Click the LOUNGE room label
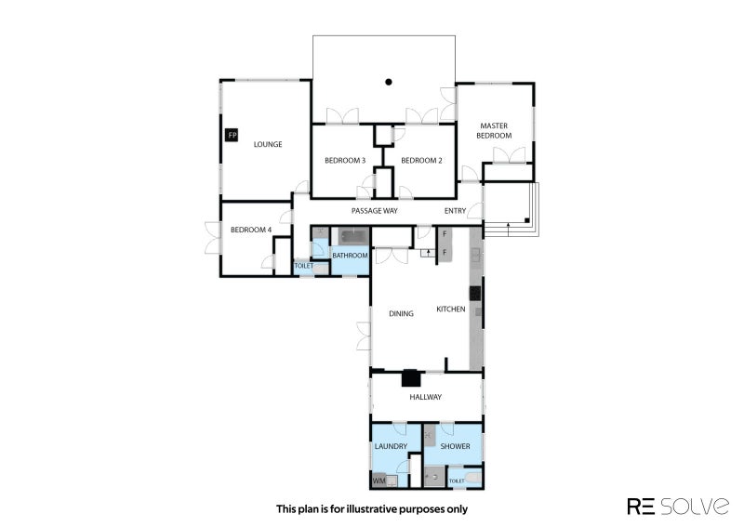268,144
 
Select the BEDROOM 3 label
344,161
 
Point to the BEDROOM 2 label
421,161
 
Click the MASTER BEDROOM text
495,130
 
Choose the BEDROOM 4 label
250,230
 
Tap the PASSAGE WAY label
374,211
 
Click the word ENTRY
455,211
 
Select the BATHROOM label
351,256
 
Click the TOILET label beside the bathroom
303,266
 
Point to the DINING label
402,313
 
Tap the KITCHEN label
450,309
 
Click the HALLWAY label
426,397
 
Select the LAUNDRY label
391,447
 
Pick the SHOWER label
455,447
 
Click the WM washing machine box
379,481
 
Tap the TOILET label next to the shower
457,481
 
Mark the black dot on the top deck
389,82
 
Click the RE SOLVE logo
678,506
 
